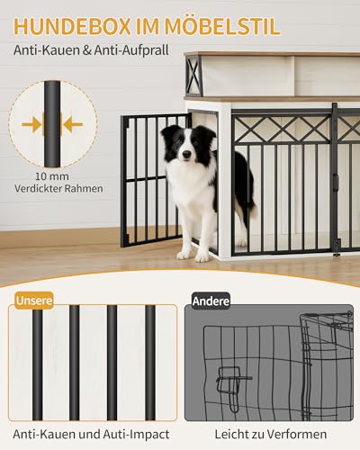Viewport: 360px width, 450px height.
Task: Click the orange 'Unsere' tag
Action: pyautogui.click(x=33, y=300)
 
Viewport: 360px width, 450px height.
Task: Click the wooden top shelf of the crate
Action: pyautogui.click(x=270, y=97)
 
